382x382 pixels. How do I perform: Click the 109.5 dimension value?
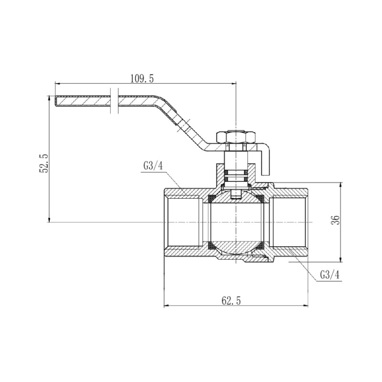(142, 78)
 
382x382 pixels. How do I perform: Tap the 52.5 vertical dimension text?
(44, 162)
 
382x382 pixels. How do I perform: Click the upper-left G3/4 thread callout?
(153, 166)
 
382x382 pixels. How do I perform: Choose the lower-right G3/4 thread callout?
(330, 275)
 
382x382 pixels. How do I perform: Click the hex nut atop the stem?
(236, 137)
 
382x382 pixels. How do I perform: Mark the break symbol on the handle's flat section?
(114, 101)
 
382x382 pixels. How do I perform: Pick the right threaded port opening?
(289, 223)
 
